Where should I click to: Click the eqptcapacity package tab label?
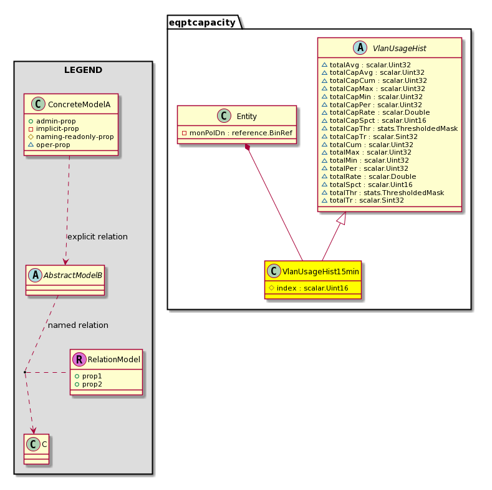202,22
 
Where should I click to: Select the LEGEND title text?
83,70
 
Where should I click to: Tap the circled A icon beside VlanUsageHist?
360,47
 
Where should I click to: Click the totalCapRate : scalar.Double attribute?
375,113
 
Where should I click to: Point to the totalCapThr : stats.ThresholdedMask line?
390,128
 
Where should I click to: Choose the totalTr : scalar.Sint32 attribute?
363,201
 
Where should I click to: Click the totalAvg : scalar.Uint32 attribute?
366,65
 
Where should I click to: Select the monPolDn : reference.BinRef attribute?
237,133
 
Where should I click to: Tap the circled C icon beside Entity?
224,116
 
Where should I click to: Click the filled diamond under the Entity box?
248,147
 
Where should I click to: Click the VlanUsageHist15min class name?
321,272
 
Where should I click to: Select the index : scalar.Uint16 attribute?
309,288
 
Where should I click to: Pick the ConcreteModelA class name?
79,105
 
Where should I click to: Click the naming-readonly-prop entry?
71,137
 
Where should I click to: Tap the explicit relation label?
97,236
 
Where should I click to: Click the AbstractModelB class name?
73,276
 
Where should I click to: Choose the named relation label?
78,325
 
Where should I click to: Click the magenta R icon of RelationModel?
79,359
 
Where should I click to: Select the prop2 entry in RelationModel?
88,384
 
